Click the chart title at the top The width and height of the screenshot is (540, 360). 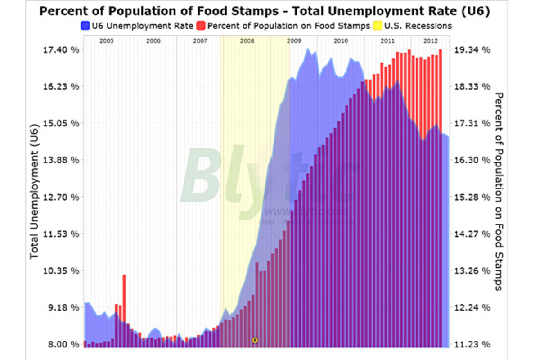(x=265, y=11)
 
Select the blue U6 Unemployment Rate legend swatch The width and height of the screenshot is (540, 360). (x=85, y=26)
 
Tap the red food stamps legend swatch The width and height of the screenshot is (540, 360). (x=201, y=26)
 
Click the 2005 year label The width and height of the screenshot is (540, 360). (x=106, y=40)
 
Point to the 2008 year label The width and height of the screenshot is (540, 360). (x=247, y=40)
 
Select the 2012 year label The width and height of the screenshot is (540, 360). (x=430, y=40)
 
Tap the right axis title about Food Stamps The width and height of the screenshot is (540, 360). (x=499, y=191)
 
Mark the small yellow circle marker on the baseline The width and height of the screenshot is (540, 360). (x=255, y=340)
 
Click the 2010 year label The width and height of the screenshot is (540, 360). (x=341, y=40)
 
